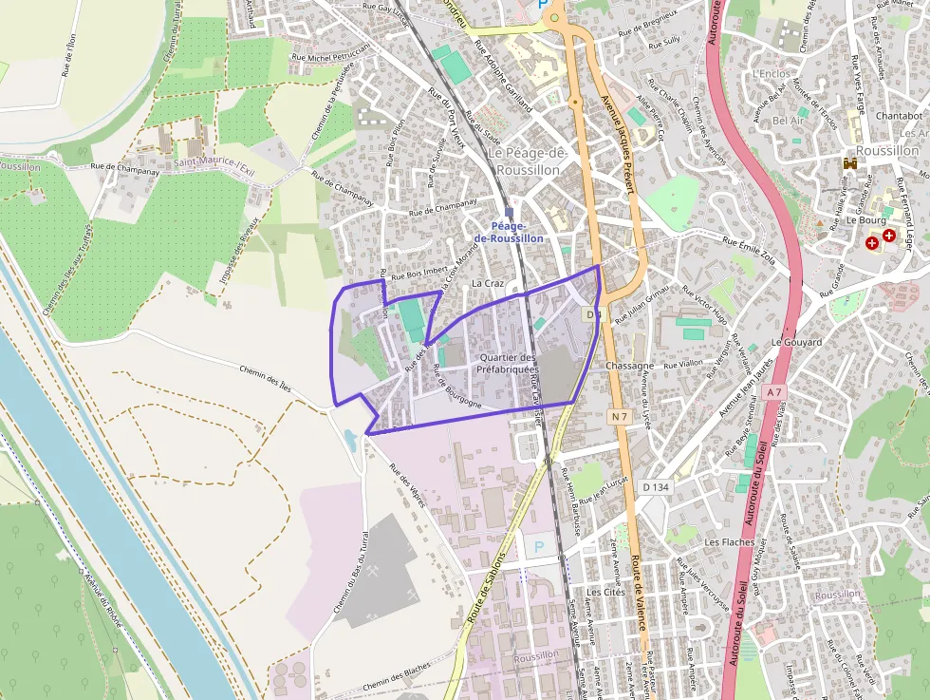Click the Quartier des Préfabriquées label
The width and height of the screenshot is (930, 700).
(x=508, y=363)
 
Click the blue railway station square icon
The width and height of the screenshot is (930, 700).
(x=510, y=213)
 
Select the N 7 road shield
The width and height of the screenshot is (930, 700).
(x=620, y=416)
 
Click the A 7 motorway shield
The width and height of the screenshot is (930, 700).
(x=774, y=391)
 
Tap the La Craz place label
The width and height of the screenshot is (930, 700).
(x=488, y=284)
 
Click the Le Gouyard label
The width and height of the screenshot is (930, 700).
(x=795, y=342)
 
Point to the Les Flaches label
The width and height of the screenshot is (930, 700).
(x=730, y=542)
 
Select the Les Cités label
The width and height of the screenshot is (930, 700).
(x=605, y=592)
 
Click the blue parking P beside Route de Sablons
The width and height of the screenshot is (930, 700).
(x=539, y=547)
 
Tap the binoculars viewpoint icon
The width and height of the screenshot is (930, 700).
(x=851, y=163)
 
